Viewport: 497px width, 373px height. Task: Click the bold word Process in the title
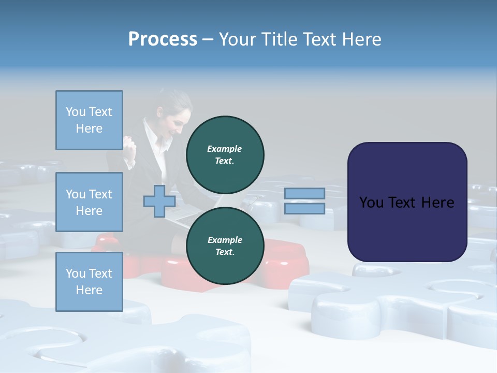pos(163,39)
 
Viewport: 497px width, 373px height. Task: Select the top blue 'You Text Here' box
pos(89,120)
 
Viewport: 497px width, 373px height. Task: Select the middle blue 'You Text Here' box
pos(89,202)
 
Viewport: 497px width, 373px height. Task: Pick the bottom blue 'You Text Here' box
pos(89,282)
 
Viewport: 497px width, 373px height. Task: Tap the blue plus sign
pos(159,202)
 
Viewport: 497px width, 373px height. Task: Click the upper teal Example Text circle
pos(225,154)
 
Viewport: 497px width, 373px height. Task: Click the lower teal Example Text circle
pos(225,246)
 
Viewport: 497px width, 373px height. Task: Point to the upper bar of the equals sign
pos(304,193)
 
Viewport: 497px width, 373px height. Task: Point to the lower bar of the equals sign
pos(304,208)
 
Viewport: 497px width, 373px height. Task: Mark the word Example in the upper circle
pos(225,149)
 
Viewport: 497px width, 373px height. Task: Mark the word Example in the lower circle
pos(225,240)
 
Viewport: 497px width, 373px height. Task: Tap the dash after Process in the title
pos(208,40)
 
